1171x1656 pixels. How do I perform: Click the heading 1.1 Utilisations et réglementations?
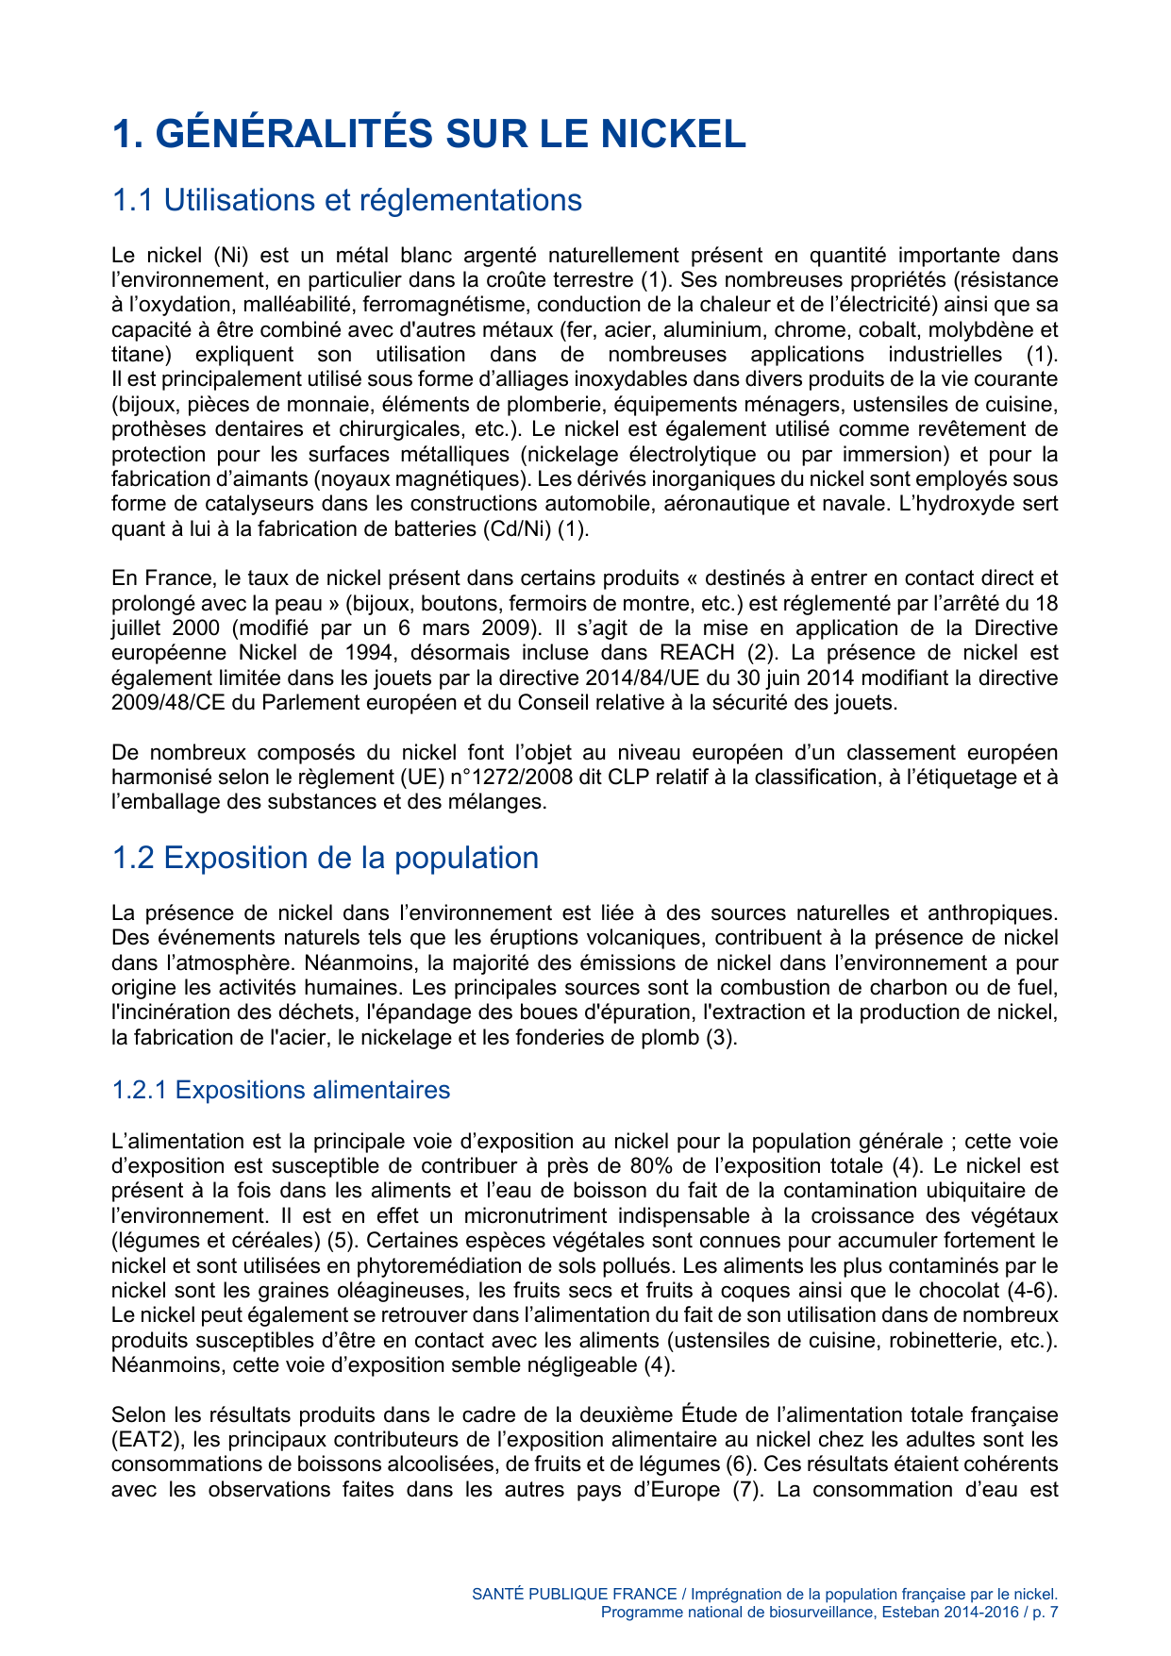[346, 200]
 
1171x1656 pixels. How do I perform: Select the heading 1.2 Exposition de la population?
[325, 858]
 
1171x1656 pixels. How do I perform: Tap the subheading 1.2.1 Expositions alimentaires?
[280, 1090]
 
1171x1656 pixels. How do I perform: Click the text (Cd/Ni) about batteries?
[515, 528]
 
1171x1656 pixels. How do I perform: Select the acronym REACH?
[696, 653]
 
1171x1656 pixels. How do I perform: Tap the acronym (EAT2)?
[142, 1440]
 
